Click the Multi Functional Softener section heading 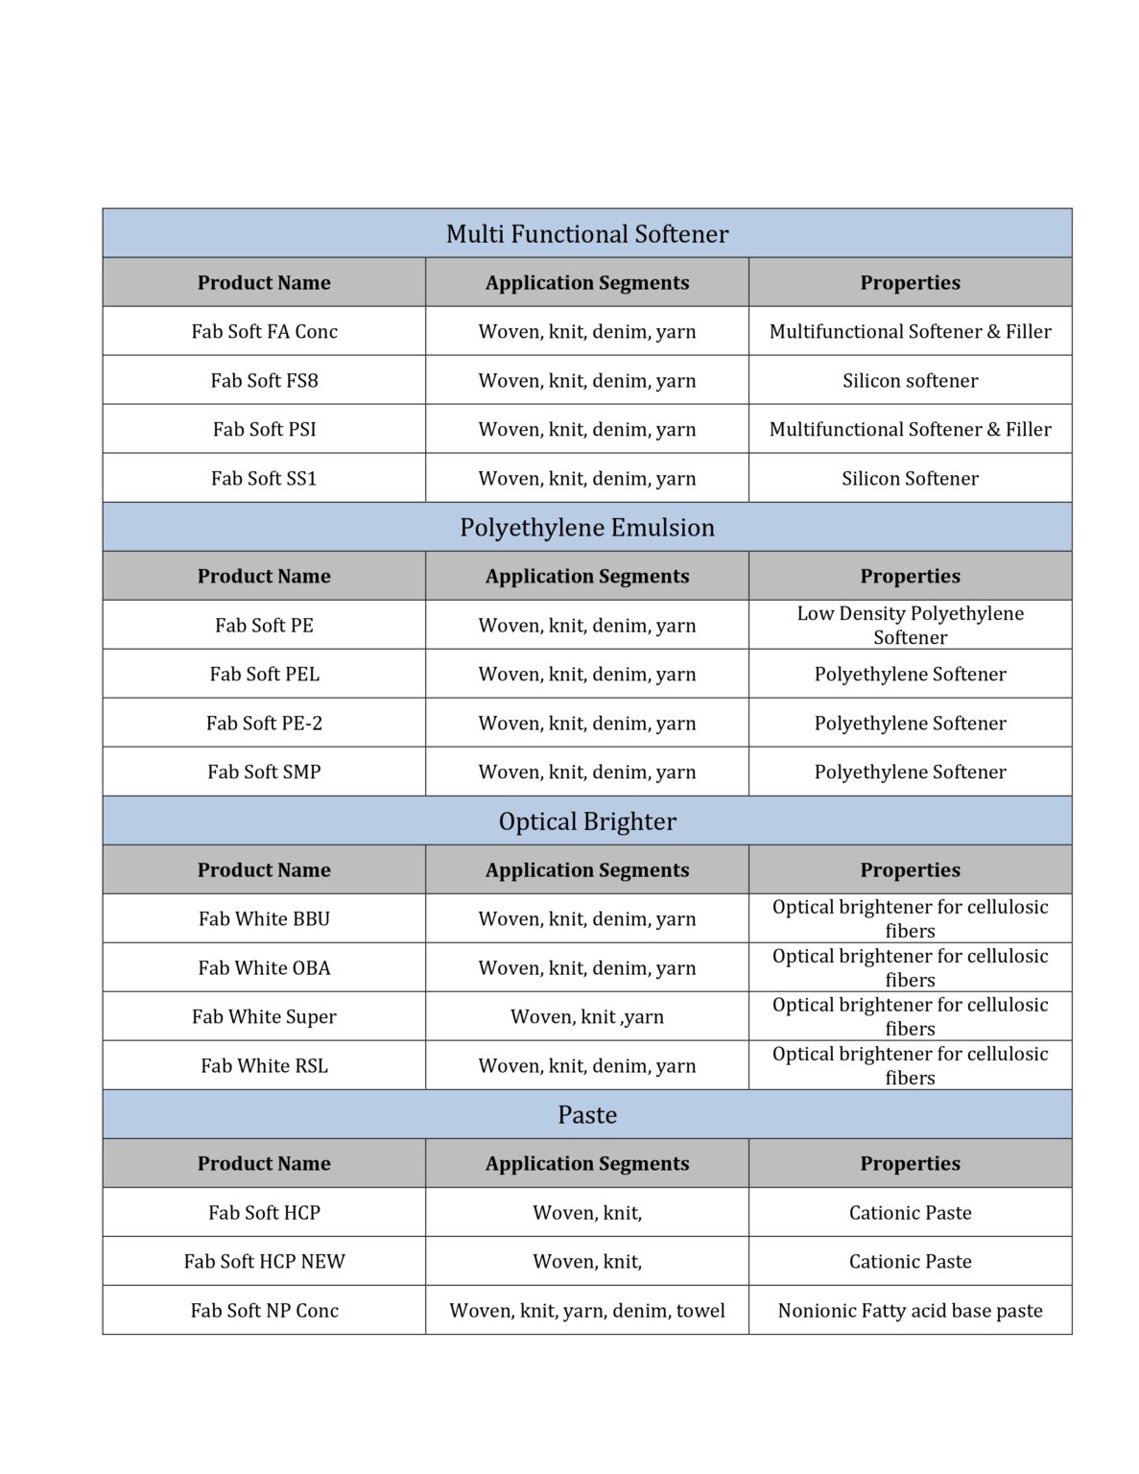pyautogui.click(x=586, y=234)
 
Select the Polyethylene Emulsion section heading pyautogui.click(x=586, y=528)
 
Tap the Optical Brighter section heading pyautogui.click(x=586, y=821)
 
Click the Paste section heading pyautogui.click(x=586, y=1115)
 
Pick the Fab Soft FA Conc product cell pyautogui.click(x=264, y=332)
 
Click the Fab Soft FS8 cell pyautogui.click(x=264, y=381)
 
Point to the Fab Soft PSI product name pyautogui.click(x=264, y=430)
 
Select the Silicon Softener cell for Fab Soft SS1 pyautogui.click(x=910, y=479)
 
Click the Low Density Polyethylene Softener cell pyautogui.click(x=910, y=626)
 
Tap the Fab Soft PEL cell pyautogui.click(x=264, y=675)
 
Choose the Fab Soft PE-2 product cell pyautogui.click(x=264, y=724)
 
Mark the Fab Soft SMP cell pyautogui.click(x=264, y=773)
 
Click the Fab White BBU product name pyautogui.click(x=264, y=919)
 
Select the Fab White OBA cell pyautogui.click(x=264, y=968)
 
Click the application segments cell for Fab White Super pyautogui.click(x=586, y=1017)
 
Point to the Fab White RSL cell pyautogui.click(x=264, y=1066)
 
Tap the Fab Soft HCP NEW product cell pyautogui.click(x=264, y=1262)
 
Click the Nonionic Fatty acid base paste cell pyautogui.click(x=910, y=1311)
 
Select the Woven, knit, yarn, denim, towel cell pyautogui.click(x=586, y=1311)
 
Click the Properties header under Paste pyautogui.click(x=910, y=1164)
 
